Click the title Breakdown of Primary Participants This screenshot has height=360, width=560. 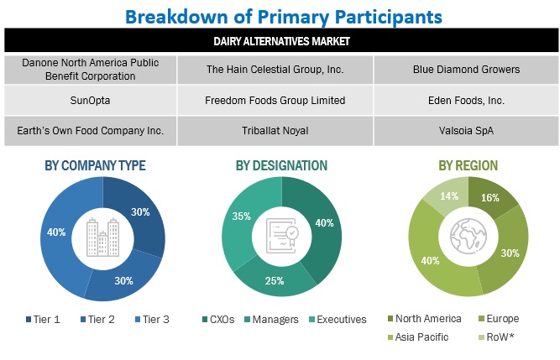pyautogui.click(x=283, y=15)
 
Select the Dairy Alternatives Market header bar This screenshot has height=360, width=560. pyautogui.click(x=280, y=40)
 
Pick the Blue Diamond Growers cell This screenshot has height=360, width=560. pyautogui.click(x=465, y=70)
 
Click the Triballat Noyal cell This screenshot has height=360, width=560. pyautogui.click(x=275, y=130)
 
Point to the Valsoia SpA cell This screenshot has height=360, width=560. pyautogui.click(x=465, y=130)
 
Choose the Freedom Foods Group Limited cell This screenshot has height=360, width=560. pyautogui.click(x=275, y=101)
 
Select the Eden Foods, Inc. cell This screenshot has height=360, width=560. pyautogui.click(x=465, y=101)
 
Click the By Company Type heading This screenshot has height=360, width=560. pyautogui.click(x=95, y=166)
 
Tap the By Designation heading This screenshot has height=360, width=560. pyautogui.click(x=281, y=166)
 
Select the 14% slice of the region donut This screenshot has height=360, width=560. pyautogui.click(x=447, y=199)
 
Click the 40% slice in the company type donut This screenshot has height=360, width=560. pyautogui.click(x=58, y=232)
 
